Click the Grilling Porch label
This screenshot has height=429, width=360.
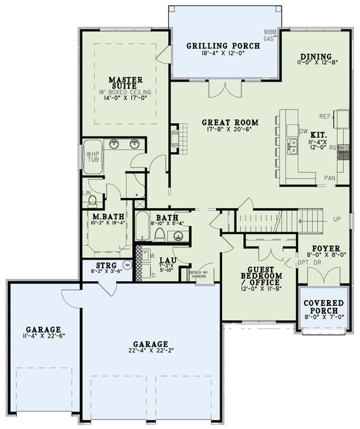click(x=223, y=47)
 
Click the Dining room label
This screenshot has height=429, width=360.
click(x=314, y=56)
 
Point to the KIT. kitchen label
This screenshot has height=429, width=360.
click(x=319, y=134)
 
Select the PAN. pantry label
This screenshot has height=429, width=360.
click(x=330, y=177)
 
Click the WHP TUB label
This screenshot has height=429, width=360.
click(x=93, y=157)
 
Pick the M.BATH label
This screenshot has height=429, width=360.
click(x=106, y=216)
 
